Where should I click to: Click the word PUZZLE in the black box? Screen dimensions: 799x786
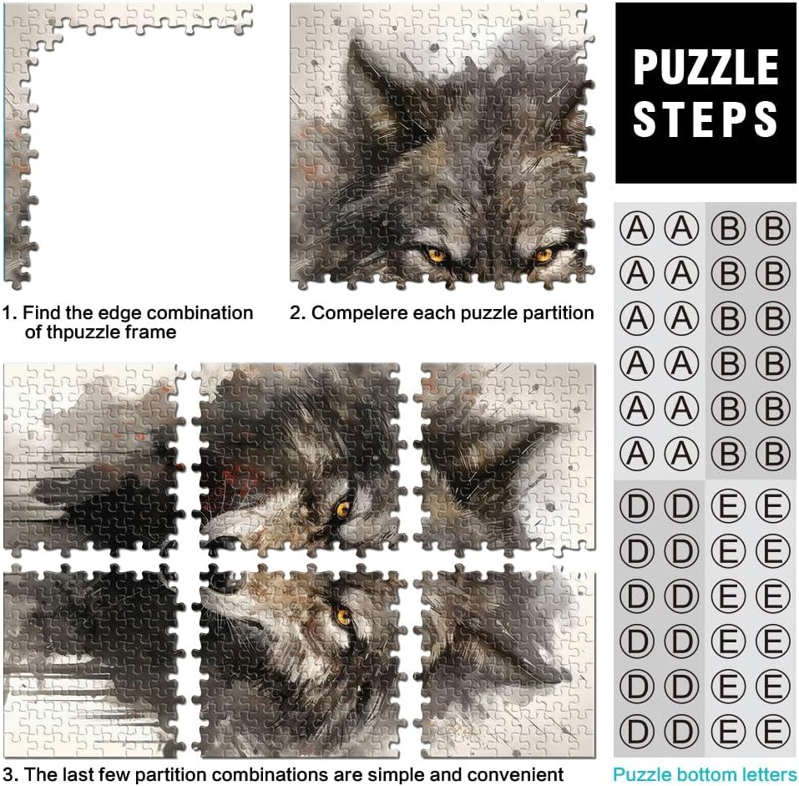click(x=705, y=68)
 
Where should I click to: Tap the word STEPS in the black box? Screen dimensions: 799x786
click(x=705, y=119)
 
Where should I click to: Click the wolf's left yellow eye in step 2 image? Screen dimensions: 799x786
click(x=437, y=253)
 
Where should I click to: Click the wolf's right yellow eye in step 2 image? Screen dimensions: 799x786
click(x=544, y=253)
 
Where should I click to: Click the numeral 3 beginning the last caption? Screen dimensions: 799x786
click(x=8, y=774)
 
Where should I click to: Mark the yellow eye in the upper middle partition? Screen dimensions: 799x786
click(x=342, y=509)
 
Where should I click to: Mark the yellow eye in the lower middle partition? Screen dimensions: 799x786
click(x=344, y=616)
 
